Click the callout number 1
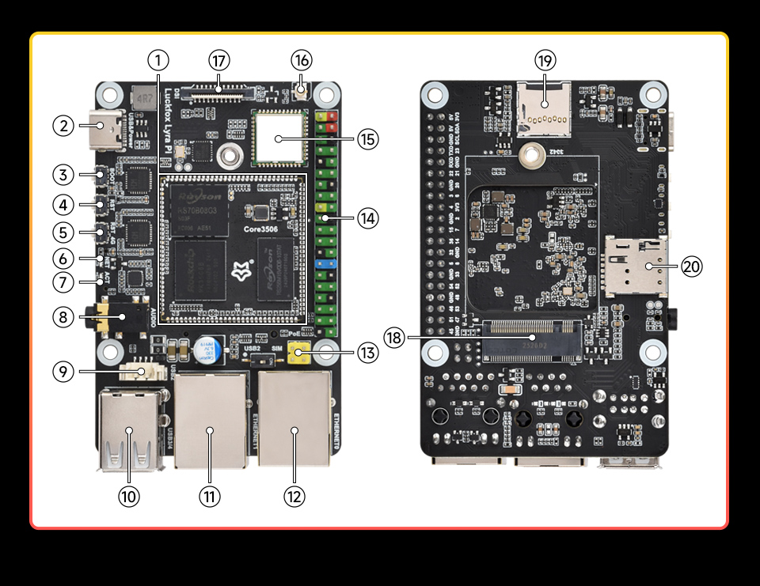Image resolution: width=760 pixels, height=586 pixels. tap(158, 60)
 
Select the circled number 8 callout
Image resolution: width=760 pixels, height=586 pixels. tap(64, 318)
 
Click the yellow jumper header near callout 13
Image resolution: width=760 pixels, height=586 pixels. tap(298, 354)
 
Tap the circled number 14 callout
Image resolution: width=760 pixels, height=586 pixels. tap(367, 217)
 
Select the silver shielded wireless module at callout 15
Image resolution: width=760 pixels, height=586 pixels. tap(279, 138)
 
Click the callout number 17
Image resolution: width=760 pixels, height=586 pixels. tap(219, 60)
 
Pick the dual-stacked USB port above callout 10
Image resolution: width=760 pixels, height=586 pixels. tap(129, 432)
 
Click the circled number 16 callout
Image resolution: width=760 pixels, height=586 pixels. tap(302, 60)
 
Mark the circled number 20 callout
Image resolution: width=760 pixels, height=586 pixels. tap(692, 267)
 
